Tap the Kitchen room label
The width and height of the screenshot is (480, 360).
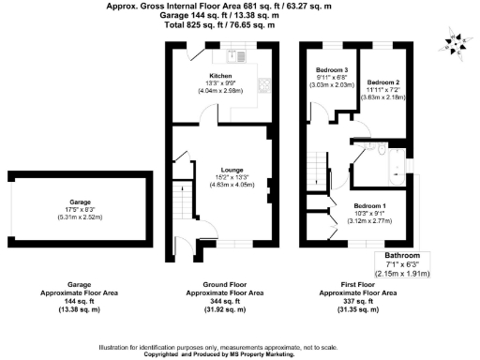click(x=220, y=74)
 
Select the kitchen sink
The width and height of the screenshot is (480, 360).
click(x=243, y=57)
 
